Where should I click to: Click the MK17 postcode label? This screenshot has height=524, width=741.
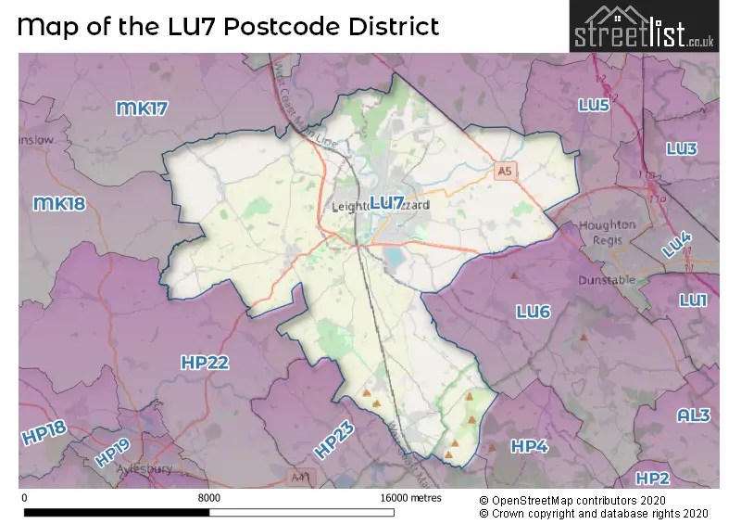142,109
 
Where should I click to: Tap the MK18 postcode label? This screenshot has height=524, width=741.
59,203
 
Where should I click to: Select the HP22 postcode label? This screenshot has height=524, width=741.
205,363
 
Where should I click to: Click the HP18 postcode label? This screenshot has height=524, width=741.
44,434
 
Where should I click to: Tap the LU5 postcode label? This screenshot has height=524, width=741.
594,106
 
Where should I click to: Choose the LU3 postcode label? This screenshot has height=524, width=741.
682,148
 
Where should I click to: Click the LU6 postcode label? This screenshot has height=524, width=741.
533,313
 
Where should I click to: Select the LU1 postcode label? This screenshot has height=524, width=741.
693,300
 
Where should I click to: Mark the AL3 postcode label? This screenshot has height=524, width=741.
694,415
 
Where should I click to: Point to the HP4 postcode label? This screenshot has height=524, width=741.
530,447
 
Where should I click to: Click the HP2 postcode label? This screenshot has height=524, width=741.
652,478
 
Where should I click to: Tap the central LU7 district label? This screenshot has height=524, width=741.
386,202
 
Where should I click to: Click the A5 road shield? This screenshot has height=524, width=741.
504,172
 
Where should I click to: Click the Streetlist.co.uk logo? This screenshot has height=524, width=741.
642,27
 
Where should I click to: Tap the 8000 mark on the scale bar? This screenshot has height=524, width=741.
209,498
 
